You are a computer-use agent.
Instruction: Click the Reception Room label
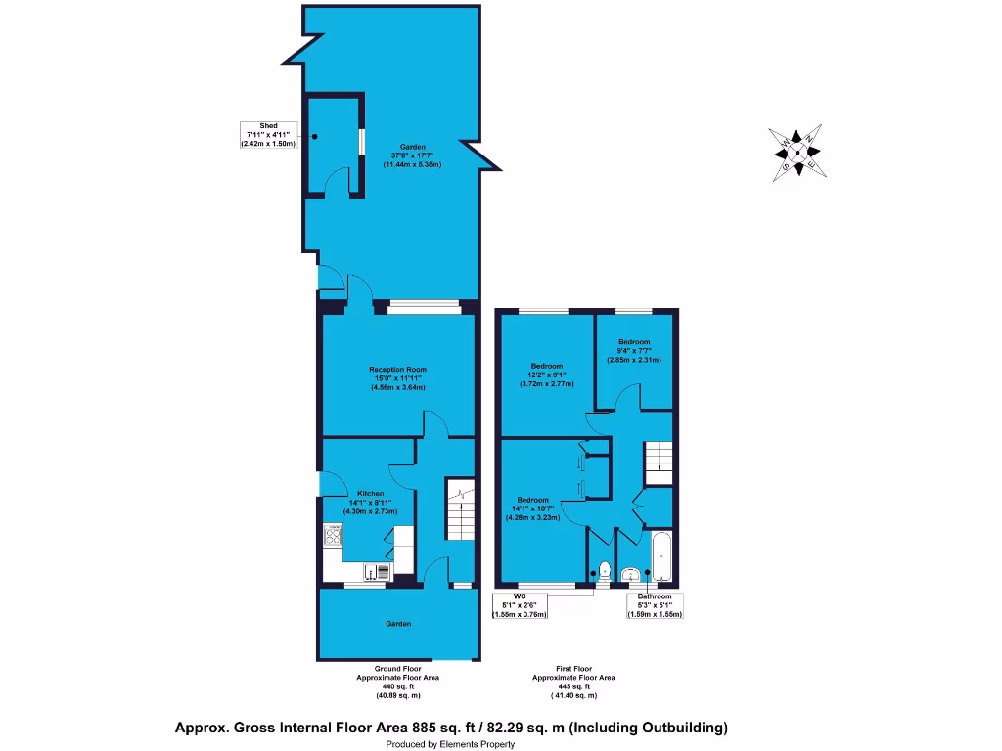(x=397, y=378)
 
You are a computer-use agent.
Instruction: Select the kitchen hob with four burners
(x=334, y=535)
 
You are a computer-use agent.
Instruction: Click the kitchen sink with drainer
(x=377, y=573)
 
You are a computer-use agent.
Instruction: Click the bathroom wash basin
(x=631, y=574)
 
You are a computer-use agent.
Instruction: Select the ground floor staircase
(x=460, y=509)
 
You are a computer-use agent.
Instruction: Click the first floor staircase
(x=659, y=461)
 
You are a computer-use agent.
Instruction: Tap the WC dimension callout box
(x=519, y=605)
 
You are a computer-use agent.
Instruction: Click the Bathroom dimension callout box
(x=655, y=605)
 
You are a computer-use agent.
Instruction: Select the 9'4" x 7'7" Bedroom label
(x=633, y=355)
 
